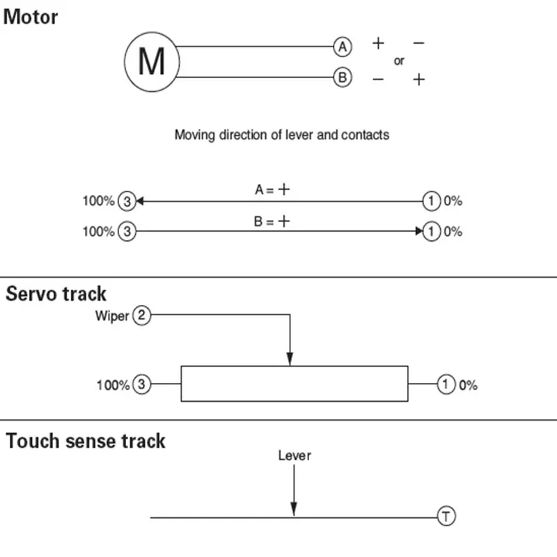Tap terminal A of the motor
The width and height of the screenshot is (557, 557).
pos(343,47)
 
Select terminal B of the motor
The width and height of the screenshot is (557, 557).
pos(343,77)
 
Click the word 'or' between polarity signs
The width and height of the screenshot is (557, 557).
pos(399,61)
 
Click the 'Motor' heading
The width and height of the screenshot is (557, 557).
pos(31,17)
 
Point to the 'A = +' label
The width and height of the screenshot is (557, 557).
pos(272,189)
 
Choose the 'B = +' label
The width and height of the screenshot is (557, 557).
pos(272,221)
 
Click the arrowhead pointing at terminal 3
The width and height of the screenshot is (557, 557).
pos(140,201)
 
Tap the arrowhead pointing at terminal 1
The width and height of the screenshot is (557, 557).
pos(419,231)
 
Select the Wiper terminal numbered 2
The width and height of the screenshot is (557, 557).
pos(142,315)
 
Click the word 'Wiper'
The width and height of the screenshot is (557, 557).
pos(112,316)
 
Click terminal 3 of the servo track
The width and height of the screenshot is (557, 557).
pos(142,384)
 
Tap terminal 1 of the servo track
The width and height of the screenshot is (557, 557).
pos(446,384)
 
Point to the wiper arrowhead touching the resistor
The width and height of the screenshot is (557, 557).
pos(290,359)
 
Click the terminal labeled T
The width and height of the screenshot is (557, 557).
pos(446,516)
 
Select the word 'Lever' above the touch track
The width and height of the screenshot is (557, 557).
pos(295,456)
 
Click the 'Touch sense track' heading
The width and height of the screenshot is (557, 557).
pos(86,441)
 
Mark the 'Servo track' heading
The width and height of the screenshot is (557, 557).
pos(56,294)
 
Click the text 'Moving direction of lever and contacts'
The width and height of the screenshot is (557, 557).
pos(282,135)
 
